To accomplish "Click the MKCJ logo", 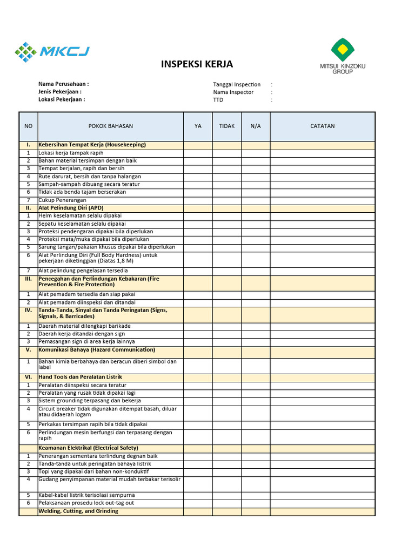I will (x=52, y=52).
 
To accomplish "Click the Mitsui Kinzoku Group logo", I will (x=342, y=56).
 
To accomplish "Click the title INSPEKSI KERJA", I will (x=197, y=64).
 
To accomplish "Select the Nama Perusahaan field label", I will (x=63, y=84).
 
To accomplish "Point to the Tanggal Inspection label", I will (x=237, y=84).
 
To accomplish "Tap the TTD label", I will (x=218, y=100).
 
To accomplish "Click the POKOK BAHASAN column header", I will (x=110, y=126).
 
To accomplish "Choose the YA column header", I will (x=198, y=126).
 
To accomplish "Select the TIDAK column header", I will (x=226, y=126).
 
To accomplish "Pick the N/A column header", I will (x=256, y=126).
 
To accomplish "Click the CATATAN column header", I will (x=322, y=126).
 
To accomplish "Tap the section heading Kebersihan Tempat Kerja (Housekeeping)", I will (x=92, y=145).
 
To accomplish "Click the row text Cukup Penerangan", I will (x=62, y=200).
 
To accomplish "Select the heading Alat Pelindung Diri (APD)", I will (x=71, y=207).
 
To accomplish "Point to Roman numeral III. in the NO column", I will (x=28, y=279).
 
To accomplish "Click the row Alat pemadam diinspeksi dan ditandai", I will (x=86, y=302).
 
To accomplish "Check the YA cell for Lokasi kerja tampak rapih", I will (x=198, y=153).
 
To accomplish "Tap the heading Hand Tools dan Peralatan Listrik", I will (x=80, y=376).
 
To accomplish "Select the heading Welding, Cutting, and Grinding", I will (x=78, y=511).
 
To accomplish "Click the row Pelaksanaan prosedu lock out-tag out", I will (x=86, y=503).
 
